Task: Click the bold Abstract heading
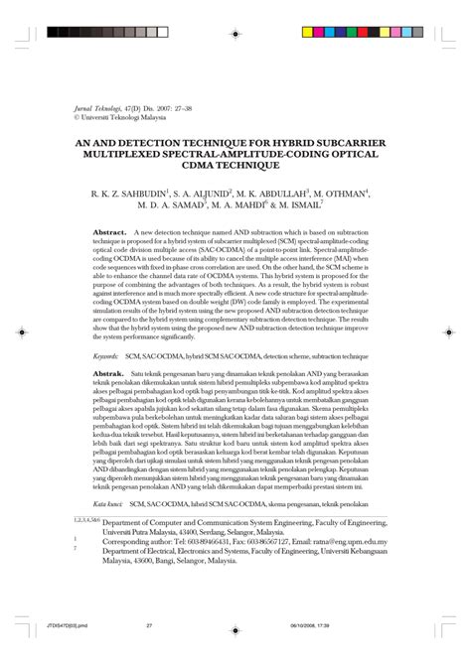pyautogui.click(x=108, y=232)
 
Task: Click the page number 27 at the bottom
pyautogui.click(x=149, y=654)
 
